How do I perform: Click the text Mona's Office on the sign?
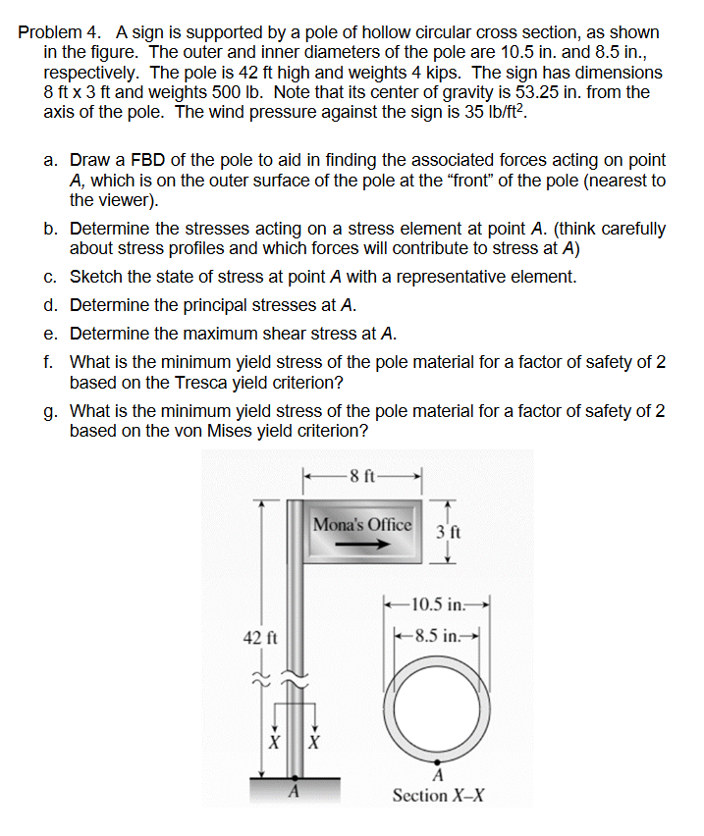click(362, 525)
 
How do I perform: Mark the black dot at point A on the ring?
click(437, 758)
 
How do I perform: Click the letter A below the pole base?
click(292, 794)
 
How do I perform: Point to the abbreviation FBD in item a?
click(147, 160)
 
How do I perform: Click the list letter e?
click(49, 333)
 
